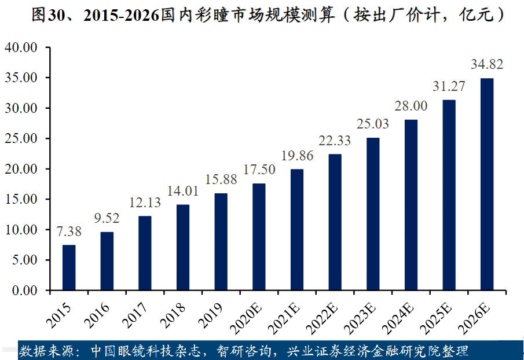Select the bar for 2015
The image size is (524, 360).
click(x=69, y=267)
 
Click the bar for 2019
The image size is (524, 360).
click(x=221, y=242)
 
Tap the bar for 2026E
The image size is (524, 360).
click(x=487, y=184)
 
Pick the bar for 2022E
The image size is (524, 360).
click(x=335, y=222)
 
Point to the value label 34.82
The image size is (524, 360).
click(x=487, y=64)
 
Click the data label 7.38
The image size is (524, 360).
click(x=69, y=232)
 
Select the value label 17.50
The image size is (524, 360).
click(x=259, y=170)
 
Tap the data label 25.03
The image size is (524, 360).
click(x=373, y=124)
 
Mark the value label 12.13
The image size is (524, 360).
click(x=145, y=203)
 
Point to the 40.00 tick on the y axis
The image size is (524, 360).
click(x=21, y=47)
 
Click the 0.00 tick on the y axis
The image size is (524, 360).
click(x=24, y=291)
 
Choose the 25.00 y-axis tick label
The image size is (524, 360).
click(x=21, y=139)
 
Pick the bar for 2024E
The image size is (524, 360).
click(x=411, y=205)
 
